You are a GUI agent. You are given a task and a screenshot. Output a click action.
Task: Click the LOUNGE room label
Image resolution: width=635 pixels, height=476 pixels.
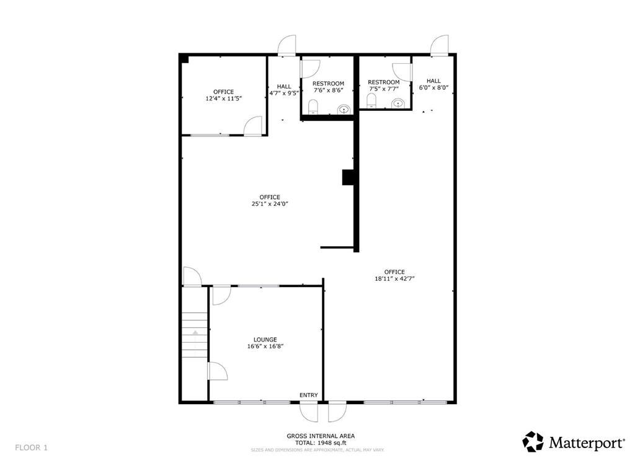[265, 340]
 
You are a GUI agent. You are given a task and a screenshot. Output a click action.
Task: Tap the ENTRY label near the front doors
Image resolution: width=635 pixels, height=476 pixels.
[308, 395]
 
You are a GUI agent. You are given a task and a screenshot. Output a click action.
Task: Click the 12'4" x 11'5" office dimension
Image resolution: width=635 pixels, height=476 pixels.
[223, 99]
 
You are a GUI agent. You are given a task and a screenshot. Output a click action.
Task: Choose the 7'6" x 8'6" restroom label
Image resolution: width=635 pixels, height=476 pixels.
[328, 90]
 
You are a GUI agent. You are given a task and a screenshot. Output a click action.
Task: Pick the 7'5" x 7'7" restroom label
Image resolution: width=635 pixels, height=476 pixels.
[383, 89]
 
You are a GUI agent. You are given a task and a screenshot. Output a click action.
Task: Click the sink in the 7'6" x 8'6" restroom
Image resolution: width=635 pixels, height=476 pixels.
[343, 110]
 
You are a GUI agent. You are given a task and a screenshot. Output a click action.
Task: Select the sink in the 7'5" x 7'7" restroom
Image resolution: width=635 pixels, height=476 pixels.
[397, 103]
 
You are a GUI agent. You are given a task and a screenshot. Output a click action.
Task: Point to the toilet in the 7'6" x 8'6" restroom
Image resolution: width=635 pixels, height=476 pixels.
[313, 107]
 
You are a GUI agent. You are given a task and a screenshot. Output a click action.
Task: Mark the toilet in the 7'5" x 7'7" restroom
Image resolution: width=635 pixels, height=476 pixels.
[371, 101]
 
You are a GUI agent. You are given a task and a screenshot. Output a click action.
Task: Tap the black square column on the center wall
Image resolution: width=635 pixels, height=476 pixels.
[348, 177]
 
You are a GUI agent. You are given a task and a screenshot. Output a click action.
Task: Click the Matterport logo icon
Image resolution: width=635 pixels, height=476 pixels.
[533, 442]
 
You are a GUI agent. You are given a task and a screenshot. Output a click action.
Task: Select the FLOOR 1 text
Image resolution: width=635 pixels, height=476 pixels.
[31, 447]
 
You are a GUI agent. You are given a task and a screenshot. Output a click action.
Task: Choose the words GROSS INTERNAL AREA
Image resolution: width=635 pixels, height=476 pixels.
[321, 436]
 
